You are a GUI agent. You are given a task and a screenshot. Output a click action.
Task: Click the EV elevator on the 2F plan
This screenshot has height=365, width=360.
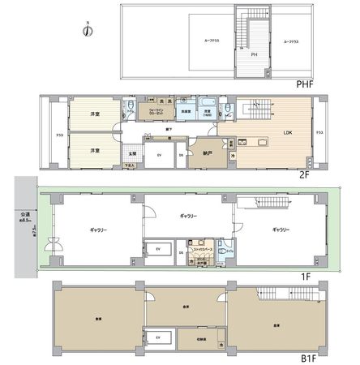pos(159,155)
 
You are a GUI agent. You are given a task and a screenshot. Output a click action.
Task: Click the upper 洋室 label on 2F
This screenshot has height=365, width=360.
pos(95,116)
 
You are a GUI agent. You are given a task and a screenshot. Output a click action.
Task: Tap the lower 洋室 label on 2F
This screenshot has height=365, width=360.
pos(95,150)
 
